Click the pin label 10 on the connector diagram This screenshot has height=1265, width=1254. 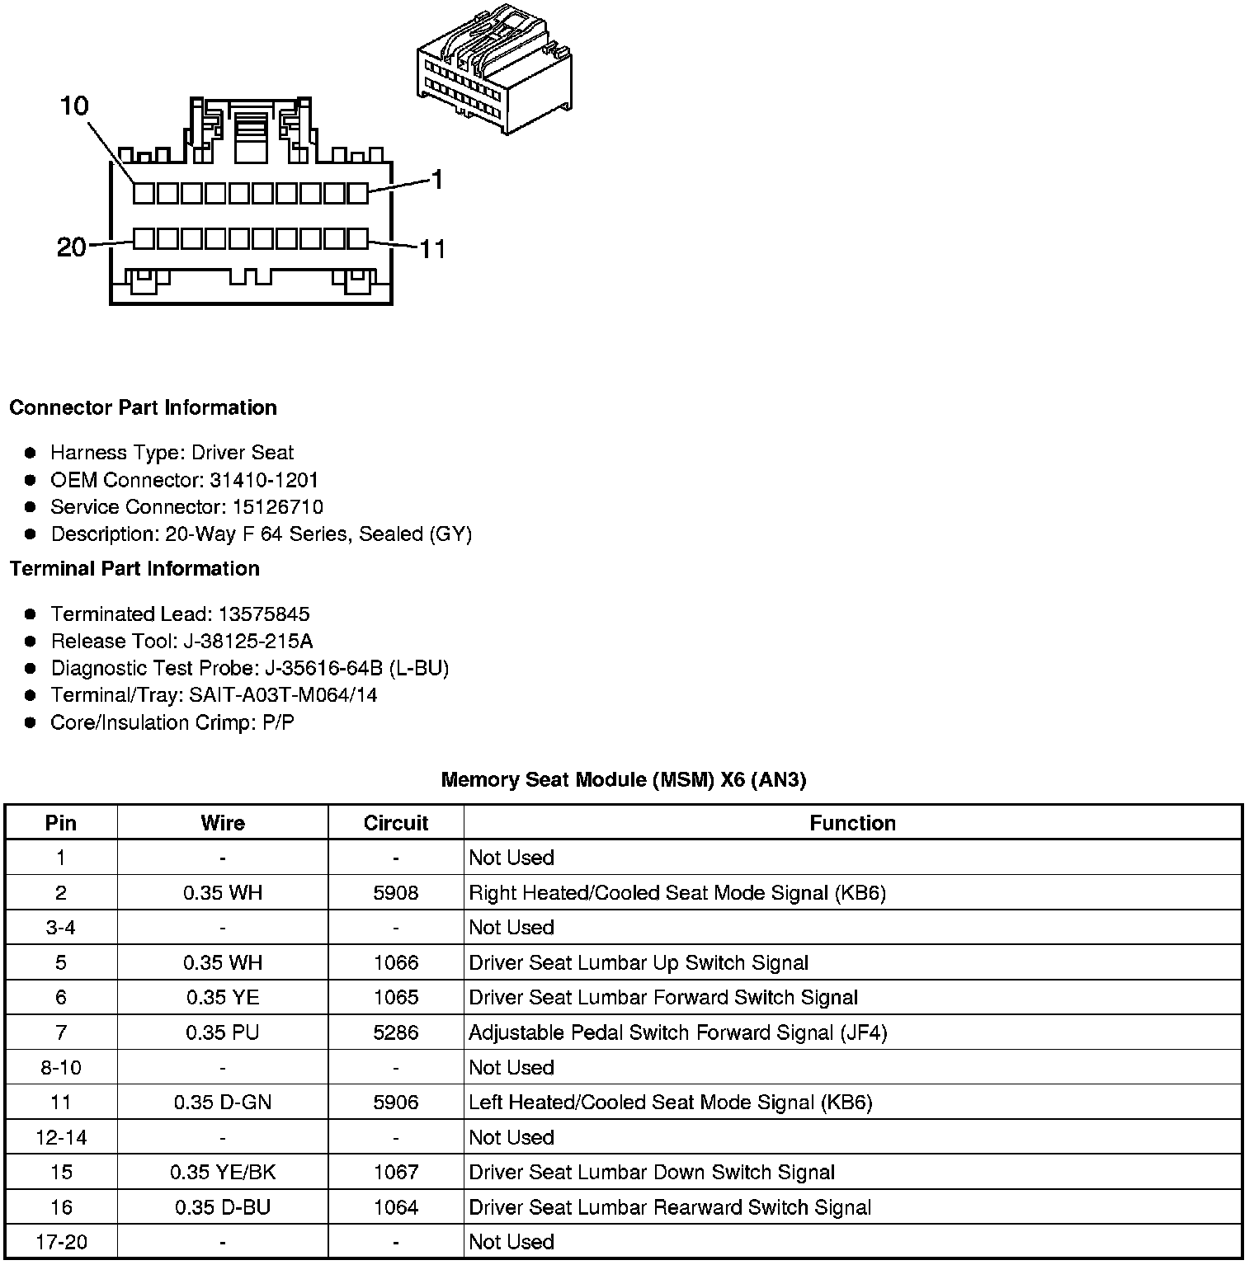pos(74,106)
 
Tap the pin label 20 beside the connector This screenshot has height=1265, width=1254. pos(72,247)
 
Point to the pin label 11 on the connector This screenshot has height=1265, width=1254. pos(432,248)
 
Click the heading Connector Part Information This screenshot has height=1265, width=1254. pos(143,408)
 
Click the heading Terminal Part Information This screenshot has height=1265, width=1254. pos(134,569)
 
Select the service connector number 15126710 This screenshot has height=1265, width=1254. pos(272,507)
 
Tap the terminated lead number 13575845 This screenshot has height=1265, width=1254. pos(264,614)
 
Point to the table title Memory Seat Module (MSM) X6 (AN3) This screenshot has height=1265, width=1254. pos(624,779)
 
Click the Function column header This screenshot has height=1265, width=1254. pos(852,823)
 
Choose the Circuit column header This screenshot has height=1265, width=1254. pos(396,823)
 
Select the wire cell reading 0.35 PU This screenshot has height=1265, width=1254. pos(223,1032)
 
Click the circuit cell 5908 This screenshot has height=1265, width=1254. pos(396,893)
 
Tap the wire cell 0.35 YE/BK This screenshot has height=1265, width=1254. pos(223,1173)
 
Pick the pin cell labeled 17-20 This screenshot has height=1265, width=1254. pos(61,1242)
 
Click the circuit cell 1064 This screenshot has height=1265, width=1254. pos(396,1207)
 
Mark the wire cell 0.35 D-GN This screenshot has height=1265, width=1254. pos(223,1103)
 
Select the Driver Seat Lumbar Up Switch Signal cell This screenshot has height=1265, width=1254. pos(639,963)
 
